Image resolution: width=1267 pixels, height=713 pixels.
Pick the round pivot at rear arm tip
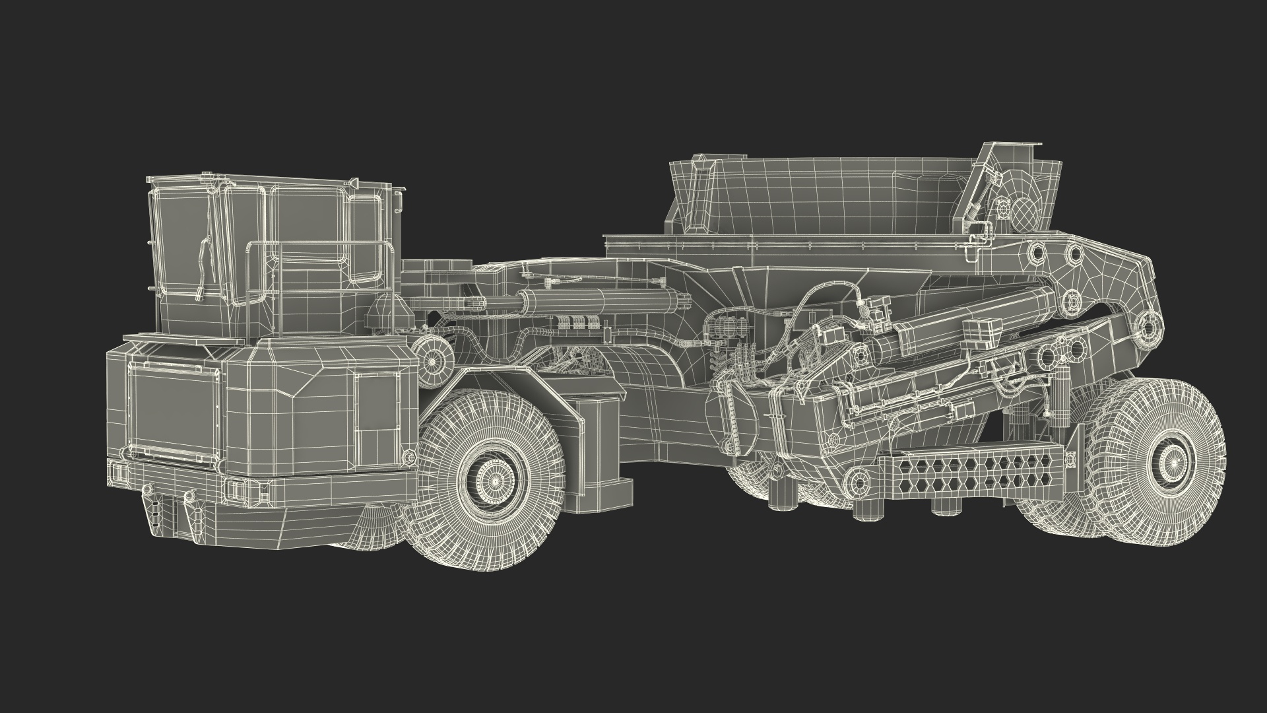[1150, 327]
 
